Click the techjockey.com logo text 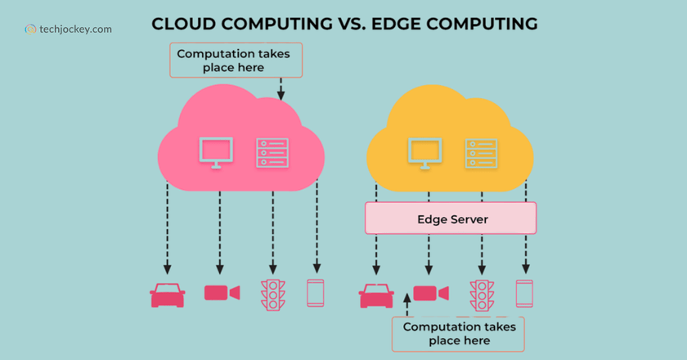[74, 29]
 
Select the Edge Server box [451, 218]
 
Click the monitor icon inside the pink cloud [216, 152]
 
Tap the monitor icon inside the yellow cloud [424, 152]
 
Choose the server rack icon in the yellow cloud [482, 153]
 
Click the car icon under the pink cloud [168, 295]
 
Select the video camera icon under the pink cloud [221, 293]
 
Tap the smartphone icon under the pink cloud [316, 293]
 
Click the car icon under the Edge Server [376, 295]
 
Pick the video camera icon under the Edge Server [429, 293]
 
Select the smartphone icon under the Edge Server [524, 293]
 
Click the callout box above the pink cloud [236, 61]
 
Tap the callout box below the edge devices [458, 334]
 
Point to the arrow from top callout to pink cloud [281, 89]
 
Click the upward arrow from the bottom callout [407, 307]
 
